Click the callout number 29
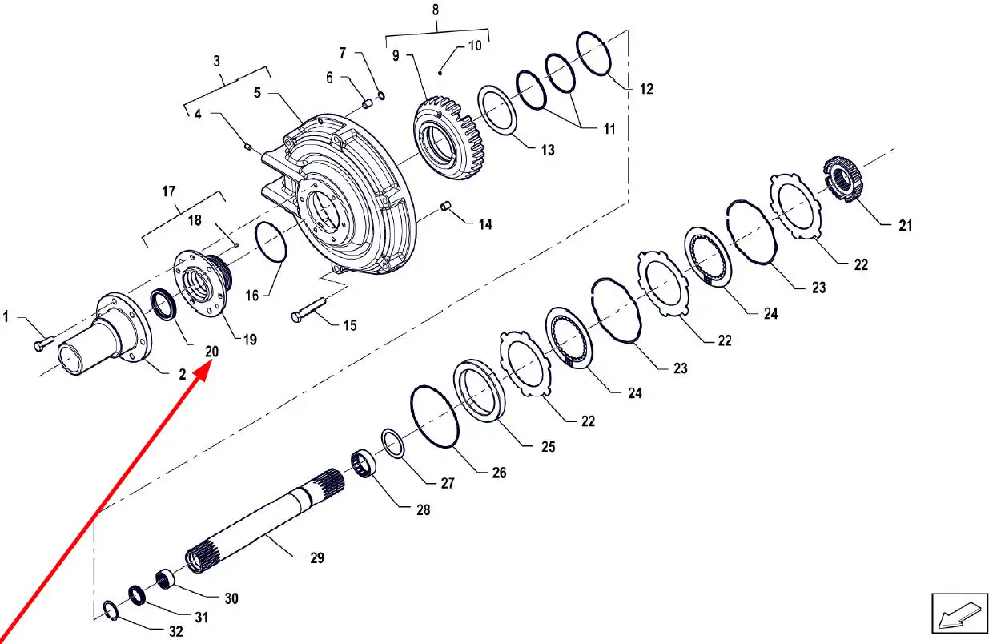pyautogui.click(x=317, y=557)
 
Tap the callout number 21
pyautogui.click(x=906, y=226)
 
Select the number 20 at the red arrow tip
pyautogui.click(x=212, y=352)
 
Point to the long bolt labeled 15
pyautogui.click(x=308, y=310)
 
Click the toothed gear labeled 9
pyautogui.click(x=448, y=137)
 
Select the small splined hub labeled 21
pyautogui.click(x=843, y=179)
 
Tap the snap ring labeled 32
pyautogui.click(x=111, y=610)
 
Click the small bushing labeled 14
pyautogui.click(x=445, y=207)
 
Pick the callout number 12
pyautogui.click(x=646, y=89)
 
